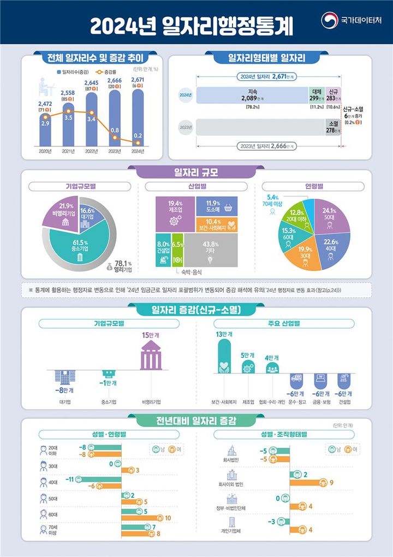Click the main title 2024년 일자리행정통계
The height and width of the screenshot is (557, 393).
click(191, 25)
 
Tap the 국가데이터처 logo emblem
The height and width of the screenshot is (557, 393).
click(330, 20)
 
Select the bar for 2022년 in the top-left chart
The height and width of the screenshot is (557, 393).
click(92, 117)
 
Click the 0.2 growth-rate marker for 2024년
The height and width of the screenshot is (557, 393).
click(138, 143)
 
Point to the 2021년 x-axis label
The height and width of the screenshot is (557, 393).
click(69, 151)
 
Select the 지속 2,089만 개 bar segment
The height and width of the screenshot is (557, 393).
click(252, 95)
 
